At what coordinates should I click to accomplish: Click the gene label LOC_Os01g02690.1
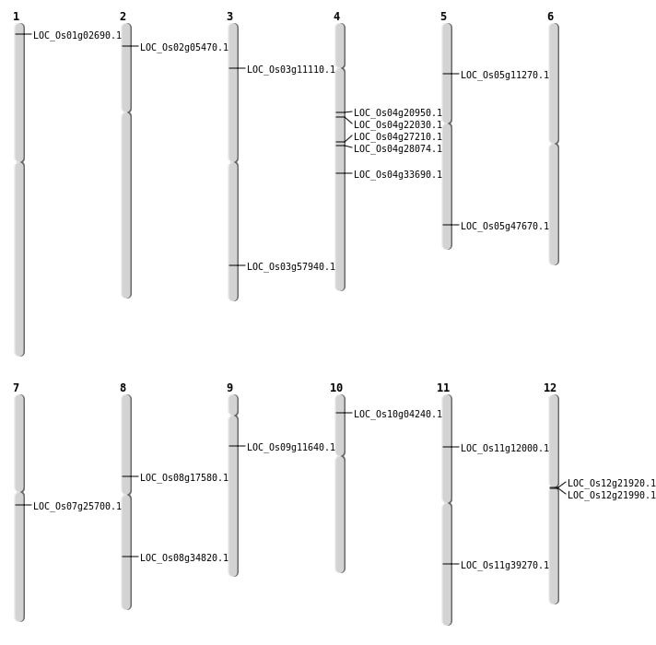point(77,36)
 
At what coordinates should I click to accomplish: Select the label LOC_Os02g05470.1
point(184,48)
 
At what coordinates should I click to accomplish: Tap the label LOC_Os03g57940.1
point(291,267)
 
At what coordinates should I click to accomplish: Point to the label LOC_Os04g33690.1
point(398,175)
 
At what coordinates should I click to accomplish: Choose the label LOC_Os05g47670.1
point(505,227)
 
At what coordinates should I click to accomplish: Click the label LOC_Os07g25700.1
point(77,507)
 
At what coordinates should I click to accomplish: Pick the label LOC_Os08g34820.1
point(184,558)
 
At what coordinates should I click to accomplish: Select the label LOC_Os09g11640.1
point(291,448)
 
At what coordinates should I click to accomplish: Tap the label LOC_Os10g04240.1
point(398,415)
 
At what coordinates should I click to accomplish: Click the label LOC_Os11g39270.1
point(505,566)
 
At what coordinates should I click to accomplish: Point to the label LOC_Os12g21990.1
point(612,496)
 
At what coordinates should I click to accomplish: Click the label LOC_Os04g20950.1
point(398,113)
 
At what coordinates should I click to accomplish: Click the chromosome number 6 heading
point(550,17)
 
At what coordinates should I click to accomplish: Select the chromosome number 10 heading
point(336,388)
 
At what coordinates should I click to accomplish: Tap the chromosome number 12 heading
point(550,388)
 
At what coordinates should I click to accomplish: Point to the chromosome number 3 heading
point(229,17)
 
